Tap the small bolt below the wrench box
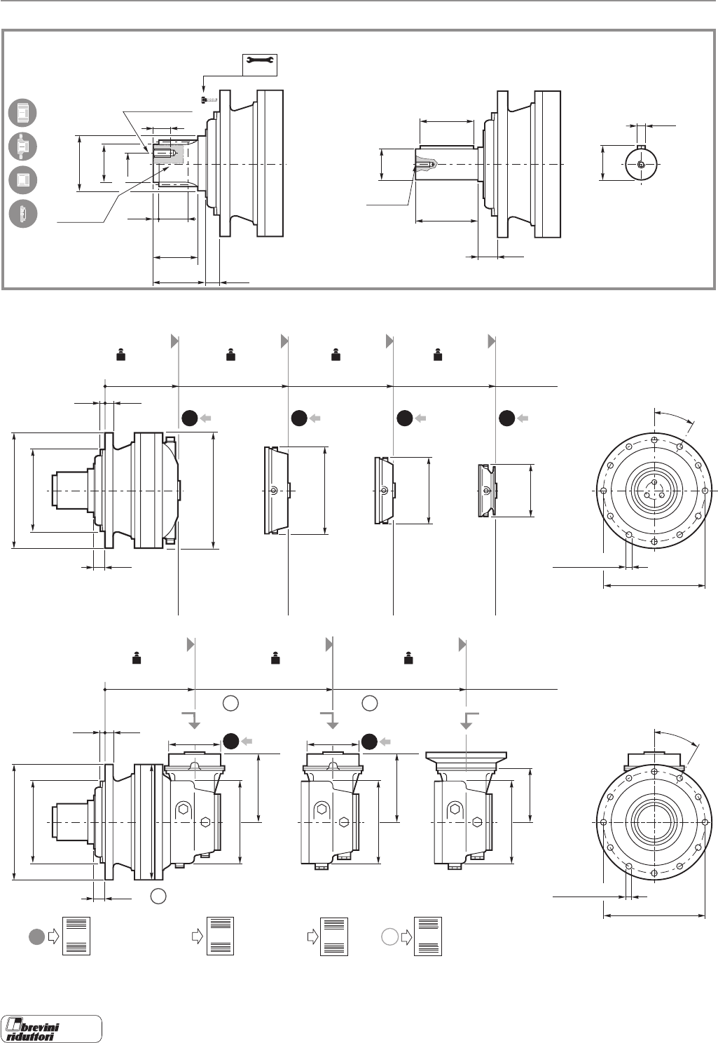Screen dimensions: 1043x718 click(208, 100)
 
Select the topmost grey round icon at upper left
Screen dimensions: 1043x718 click(22, 113)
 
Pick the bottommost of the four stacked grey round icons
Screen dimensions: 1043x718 click(22, 213)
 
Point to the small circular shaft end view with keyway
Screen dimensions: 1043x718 click(641, 163)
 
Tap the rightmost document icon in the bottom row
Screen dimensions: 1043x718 click(427, 936)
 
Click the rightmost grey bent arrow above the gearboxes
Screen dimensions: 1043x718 click(469, 721)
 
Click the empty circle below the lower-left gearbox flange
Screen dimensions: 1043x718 click(159, 896)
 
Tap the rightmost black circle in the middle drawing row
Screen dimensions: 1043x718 click(507, 418)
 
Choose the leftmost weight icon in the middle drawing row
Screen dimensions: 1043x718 click(120, 355)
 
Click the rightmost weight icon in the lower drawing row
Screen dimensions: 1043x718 click(408, 658)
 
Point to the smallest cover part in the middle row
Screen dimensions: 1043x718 click(486, 490)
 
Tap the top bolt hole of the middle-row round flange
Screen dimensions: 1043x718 click(654, 440)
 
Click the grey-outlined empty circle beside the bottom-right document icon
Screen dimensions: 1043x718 click(390, 935)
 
